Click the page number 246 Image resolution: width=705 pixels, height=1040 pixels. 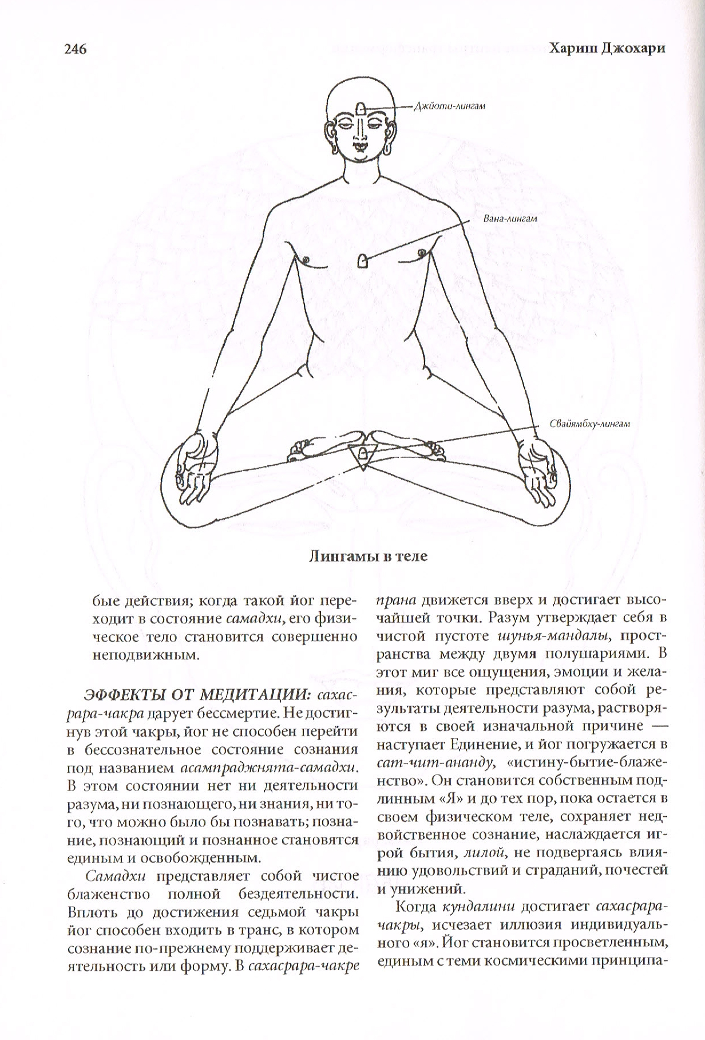click(x=72, y=49)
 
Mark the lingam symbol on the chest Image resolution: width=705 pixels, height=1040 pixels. click(x=362, y=261)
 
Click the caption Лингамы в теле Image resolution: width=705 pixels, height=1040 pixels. click(x=368, y=556)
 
